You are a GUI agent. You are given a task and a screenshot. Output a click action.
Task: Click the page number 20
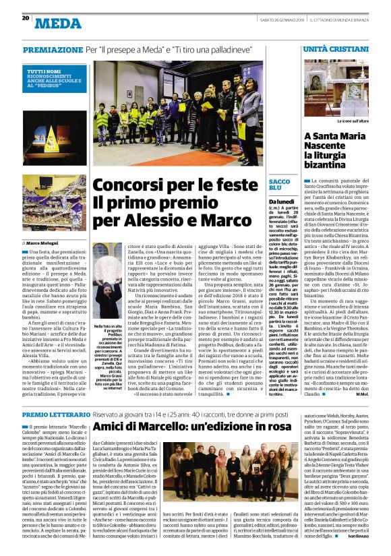click(25, 18)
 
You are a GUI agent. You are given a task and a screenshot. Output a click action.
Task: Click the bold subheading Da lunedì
click(281, 202)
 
